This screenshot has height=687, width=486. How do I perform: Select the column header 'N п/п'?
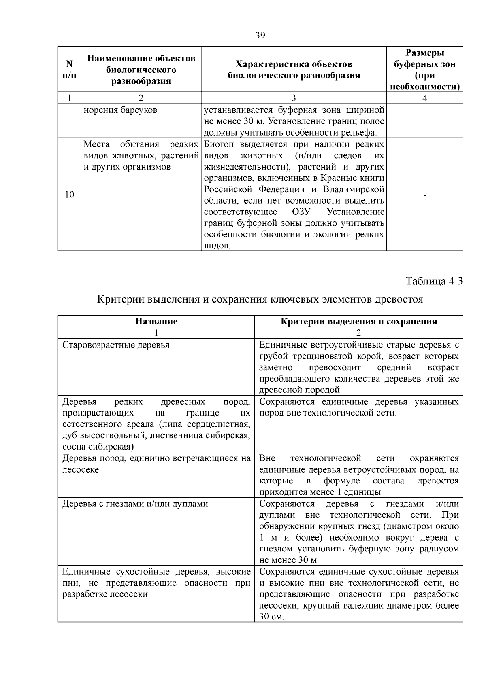[x=69, y=70]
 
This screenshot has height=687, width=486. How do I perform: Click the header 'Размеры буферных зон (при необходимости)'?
[x=424, y=70]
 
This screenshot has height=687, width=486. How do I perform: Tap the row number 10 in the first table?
[x=69, y=195]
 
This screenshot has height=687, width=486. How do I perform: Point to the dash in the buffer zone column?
[x=424, y=196]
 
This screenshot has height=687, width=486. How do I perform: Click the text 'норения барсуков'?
[x=120, y=110]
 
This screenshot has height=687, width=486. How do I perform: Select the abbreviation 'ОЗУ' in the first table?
[x=300, y=212]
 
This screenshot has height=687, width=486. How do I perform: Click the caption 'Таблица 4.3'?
[x=434, y=281]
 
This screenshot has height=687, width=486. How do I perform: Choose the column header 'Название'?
[x=156, y=321]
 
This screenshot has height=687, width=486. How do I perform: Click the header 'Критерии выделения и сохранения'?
[x=358, y=321]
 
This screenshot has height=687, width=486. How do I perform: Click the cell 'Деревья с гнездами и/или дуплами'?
[x=135, y=504]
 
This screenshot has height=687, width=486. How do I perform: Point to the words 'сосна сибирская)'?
[x=98, y=447]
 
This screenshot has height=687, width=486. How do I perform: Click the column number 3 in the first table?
[x=294, y=98]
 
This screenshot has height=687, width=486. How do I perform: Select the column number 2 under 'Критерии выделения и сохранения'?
[x=358, y=333]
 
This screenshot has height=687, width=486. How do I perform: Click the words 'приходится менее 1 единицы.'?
[x=321, y=492]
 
